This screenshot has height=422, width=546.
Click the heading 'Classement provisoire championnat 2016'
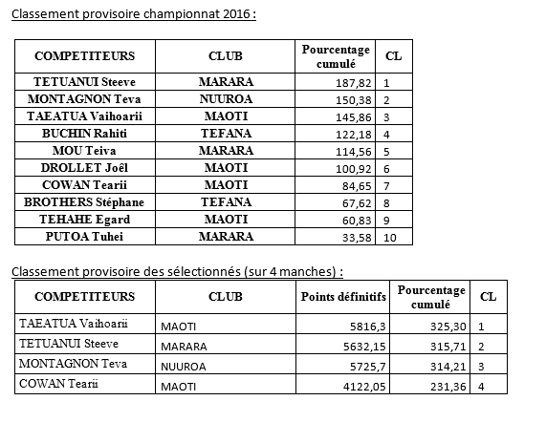[x=133, y=15]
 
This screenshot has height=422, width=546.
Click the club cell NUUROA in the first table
[x=226, y=98]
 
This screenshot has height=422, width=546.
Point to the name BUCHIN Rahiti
[x=84, y=133]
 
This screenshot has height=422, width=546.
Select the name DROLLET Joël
[x=84, y=167]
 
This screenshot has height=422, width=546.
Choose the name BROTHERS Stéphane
[x=84, y=202]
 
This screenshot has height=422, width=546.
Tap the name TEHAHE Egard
[x=84, y=220]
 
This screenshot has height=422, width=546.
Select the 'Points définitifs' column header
[x=343, y=297]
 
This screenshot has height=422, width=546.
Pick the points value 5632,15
[x=360, y=346]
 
